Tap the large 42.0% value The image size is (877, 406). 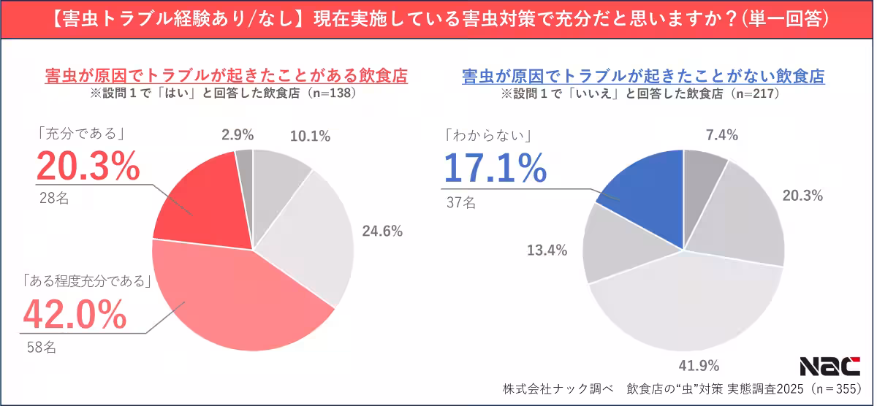pyautogui.click(x=75, y=315)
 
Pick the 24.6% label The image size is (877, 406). pyautogui.click(x=382, y=231)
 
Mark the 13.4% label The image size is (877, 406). pyautogui.click(x=547, y=250)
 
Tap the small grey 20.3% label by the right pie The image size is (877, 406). pyautogui.click(x=802, y=196)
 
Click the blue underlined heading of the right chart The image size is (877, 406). pyautogui.click(x=643, y=76)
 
